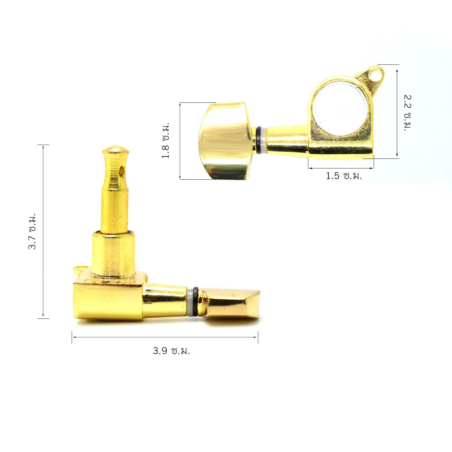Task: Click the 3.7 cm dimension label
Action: (32, 231)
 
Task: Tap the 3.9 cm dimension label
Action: (171, 351)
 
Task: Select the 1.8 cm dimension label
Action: (165, 140)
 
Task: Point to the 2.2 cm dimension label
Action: (408, 113)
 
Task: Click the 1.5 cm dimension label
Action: (344, 176)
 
